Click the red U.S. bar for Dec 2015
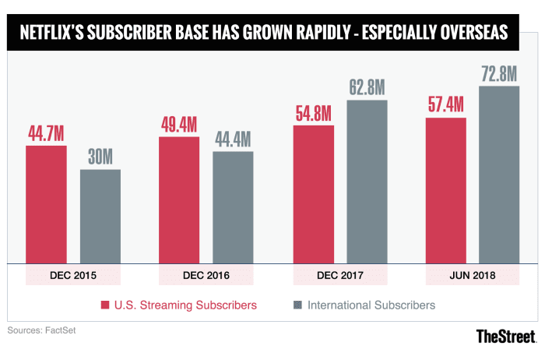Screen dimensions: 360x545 [46, 204]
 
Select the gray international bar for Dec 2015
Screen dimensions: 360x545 [100, 217]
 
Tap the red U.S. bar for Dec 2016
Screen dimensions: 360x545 [179, 200]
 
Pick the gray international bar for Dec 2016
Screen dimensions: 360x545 [233, 207]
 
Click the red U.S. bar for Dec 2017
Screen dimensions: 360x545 [313, 194]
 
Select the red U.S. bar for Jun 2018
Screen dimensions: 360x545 [446, 191]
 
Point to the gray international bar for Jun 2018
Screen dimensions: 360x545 [499, 175]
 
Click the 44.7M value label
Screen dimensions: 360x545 [47, 133]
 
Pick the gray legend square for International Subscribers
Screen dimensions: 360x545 [297, 304]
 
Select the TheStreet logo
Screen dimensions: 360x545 [506, 337]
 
